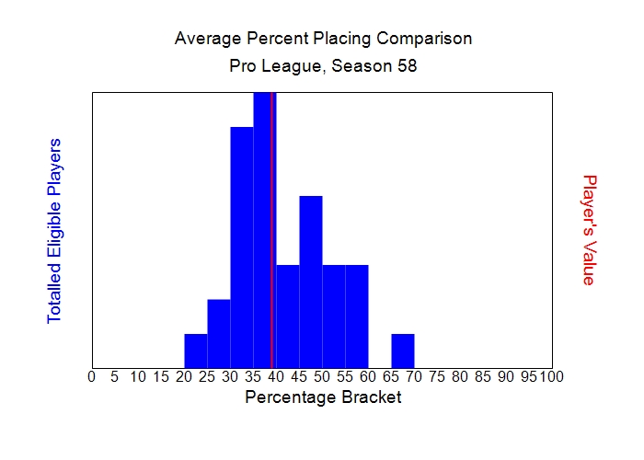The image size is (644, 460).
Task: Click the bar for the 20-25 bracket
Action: click(196, 350)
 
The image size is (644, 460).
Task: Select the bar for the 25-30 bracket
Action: click(219, 332)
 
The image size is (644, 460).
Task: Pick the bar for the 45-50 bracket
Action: click(311, 281)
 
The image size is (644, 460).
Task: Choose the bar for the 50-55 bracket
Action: click(334, 316)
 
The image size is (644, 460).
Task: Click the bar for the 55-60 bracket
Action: click(357, 316)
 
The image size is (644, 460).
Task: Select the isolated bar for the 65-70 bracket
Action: click(403, 350)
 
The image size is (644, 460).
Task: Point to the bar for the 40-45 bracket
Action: click(288, 316)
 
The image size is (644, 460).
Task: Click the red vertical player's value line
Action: click(272, 230)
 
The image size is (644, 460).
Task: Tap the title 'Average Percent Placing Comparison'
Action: click(323, 39)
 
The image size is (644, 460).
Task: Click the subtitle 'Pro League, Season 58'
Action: click(323, 66)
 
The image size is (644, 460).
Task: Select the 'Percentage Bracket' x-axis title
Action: click(323, 397)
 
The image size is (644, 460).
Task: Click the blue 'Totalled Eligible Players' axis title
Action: click(54, 230)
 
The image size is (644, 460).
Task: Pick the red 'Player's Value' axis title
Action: click(590, 230)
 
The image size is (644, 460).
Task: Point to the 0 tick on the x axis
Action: click(91, 376)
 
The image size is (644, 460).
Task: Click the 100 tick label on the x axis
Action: click(551, 376)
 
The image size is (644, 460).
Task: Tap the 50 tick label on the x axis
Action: click(322, 376)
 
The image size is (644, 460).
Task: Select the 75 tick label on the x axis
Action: click(437, 376)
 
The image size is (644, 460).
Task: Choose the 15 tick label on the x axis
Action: click(161, 376)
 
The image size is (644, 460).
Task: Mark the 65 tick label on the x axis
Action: click(391, 376)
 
